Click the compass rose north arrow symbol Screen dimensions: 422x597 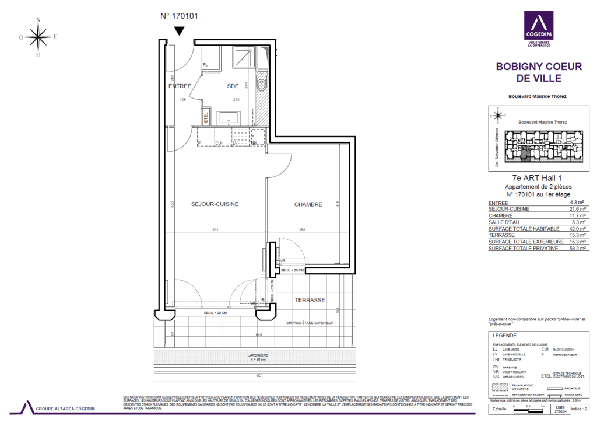[x=38, y=37]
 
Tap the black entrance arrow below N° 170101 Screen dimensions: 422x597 [x=180, y=32]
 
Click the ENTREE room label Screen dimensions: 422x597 [x=180, y=86]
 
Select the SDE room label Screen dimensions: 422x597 [x=233, y=86]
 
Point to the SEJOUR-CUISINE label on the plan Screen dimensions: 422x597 [x=215, y=204]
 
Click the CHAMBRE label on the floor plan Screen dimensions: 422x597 [x=308, y=204]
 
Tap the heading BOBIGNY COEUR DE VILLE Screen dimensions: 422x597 [x=539, y=72]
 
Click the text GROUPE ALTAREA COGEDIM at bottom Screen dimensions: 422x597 [x=66, y=409]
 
